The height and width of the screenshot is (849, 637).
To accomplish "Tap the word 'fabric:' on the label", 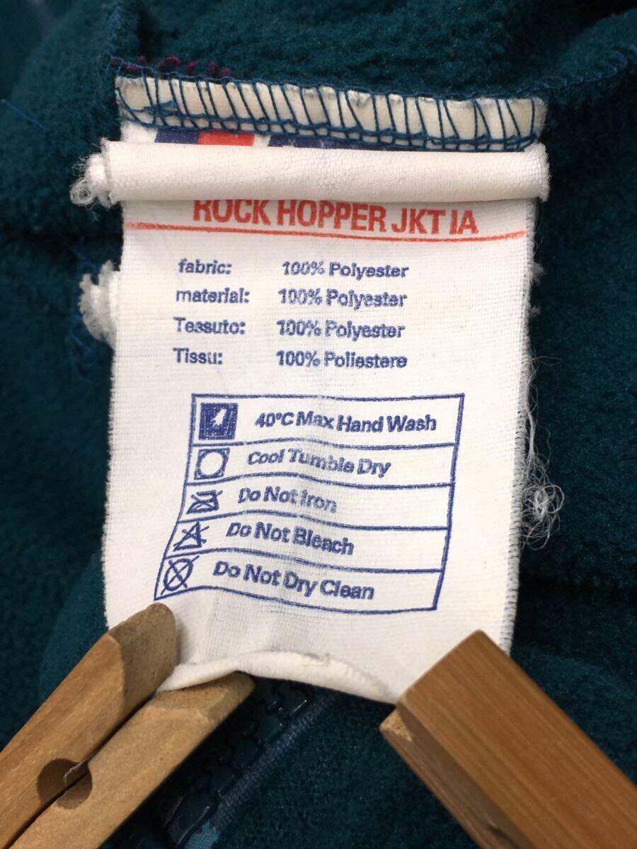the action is tap(205, 267).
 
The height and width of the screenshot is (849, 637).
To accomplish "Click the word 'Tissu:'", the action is tap(197, 355).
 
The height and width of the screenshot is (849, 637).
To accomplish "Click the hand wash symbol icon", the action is tap(218, 421).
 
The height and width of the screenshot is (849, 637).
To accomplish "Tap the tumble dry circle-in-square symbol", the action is tap(212, 463).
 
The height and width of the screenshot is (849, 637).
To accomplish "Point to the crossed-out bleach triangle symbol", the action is tap(193, 537).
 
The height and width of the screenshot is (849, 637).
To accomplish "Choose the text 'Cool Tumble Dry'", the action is tap(318, 463).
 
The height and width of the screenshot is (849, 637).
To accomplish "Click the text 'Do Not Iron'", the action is tap(287, 499).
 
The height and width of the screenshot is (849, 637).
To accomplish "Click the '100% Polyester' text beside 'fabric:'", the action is tap(345, 270).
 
